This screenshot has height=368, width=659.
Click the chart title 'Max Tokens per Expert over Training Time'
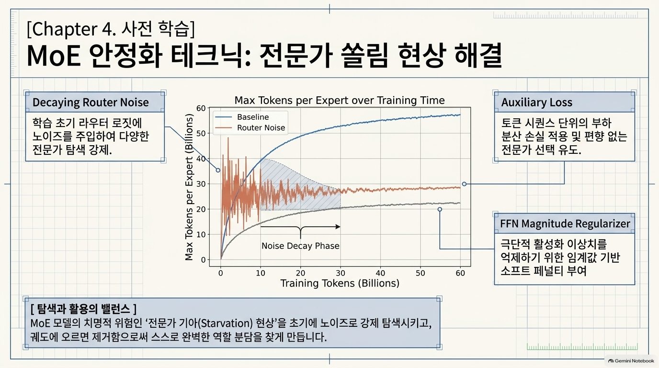(340, 101)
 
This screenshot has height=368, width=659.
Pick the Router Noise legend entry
(250, 128)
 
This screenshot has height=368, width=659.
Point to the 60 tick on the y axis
(201, 108)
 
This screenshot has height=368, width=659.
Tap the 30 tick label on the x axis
(341, 273)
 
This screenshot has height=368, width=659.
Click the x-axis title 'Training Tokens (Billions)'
(340, 283)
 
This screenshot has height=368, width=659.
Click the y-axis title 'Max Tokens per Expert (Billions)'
(189, 187)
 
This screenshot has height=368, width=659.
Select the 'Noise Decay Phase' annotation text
(300, 246)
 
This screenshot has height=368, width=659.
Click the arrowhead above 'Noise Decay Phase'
(338, 227)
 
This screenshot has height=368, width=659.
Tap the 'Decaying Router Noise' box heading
(91, 103)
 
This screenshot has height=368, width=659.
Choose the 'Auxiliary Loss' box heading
(537, 103)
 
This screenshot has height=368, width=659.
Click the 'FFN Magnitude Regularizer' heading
(565, 224)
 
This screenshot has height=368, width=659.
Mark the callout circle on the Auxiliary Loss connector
(464, 184)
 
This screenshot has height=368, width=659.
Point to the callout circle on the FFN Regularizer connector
(440, 209)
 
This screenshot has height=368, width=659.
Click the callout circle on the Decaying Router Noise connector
(218, 170)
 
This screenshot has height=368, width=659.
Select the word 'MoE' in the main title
(54, 56)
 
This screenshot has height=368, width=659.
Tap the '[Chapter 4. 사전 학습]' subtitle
(111, 29)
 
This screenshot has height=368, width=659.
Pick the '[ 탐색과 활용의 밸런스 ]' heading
(83, 309)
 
